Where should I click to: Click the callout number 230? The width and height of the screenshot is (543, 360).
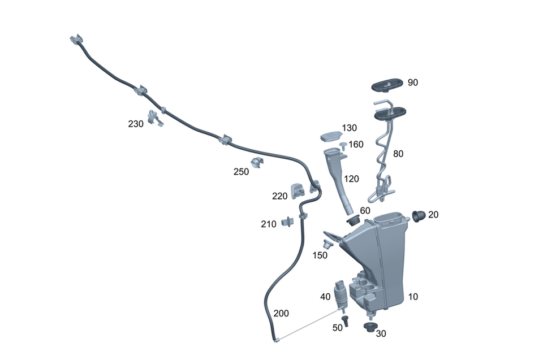click(136, 124)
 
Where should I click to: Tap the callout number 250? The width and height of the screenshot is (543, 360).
click(241, 172)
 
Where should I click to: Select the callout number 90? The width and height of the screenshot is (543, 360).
click(412, 83)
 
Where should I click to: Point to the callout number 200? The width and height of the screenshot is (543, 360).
click(281, 314)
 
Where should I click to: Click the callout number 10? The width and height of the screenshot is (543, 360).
click(413, 297)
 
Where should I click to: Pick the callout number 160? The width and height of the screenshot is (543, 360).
click(356, 145)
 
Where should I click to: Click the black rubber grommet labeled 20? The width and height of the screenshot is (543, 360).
click(419, 216)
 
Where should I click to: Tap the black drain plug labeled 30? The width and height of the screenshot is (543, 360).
click(370, 328)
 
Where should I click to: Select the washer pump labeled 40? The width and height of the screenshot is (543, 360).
click(341, 294)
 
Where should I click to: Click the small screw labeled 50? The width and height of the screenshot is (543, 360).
click(346, 321)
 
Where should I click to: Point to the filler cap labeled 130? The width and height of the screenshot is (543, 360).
click(331, 136)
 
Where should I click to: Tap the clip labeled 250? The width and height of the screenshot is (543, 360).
click(258, 164)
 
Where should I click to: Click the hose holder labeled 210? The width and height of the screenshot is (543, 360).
click(288, 222)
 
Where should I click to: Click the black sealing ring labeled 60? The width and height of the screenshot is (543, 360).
click(355, 219)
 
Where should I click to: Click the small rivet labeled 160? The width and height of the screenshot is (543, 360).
click(343, 147)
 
